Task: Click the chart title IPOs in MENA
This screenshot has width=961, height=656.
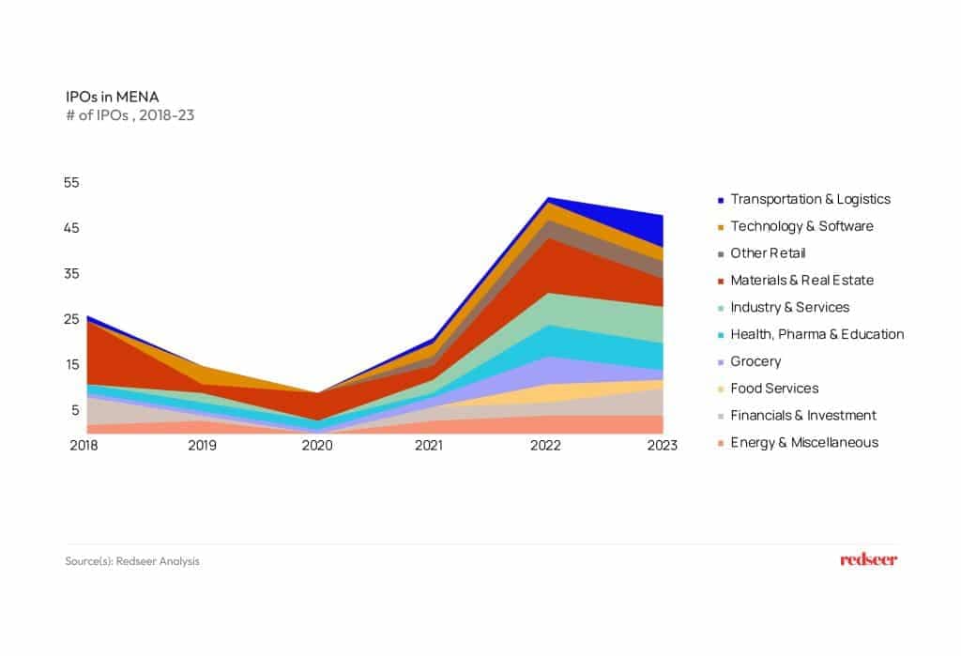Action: click(x=104, y=97)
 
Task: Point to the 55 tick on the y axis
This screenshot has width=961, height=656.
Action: click(x=71, y=182)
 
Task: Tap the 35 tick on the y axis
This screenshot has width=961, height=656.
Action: click(x=71, y=273)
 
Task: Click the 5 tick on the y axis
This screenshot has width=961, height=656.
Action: click(x=75, y=410)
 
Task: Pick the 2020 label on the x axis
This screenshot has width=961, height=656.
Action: click(x=316, y=445)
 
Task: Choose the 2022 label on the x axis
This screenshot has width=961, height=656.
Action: click(x=545, y=445)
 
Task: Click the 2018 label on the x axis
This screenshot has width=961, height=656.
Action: click(x=85, y=445)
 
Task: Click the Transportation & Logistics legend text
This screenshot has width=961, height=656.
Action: click(x=810, y=199)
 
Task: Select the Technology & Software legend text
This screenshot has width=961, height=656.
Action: click(x=801, y=226)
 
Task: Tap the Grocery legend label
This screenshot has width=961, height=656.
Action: click(x=755, y=361)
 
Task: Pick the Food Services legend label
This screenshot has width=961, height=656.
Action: click(x=774, y=389)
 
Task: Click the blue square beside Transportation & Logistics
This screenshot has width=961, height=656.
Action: click(x=720, y=200)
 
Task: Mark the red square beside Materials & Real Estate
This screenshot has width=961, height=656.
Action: click(x=720, y=281)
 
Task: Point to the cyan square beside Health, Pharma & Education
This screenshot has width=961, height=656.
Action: click(x=720, y=335)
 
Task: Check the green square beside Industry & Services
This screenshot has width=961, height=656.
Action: click(x=720, y=308)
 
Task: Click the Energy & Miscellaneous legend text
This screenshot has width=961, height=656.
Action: click(x=804, y=442)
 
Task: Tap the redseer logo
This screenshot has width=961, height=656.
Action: click(x=868, y=560)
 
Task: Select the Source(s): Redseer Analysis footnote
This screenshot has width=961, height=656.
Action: click(x=132, y=561)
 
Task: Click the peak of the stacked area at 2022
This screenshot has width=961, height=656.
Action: click(x=546, y=198)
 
